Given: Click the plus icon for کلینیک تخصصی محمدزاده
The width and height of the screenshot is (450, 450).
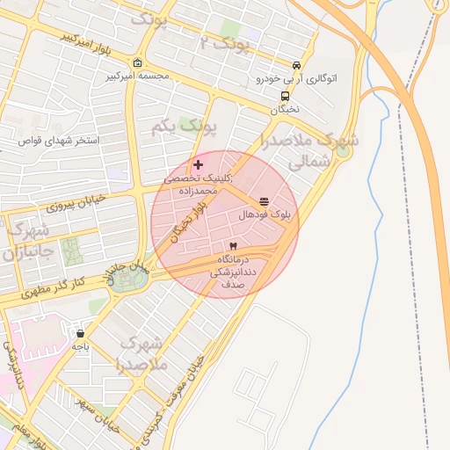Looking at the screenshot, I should click(x=199, y=164).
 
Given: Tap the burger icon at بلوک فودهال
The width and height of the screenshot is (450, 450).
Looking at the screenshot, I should click(x=265, y=201).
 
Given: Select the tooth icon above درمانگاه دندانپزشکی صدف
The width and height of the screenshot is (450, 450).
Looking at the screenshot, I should click(x=233, y=246).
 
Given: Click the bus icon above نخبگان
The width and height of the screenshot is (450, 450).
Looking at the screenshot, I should click(x=285, y=97).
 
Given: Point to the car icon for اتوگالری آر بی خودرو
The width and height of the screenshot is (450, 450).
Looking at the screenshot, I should click(x=297, y=66).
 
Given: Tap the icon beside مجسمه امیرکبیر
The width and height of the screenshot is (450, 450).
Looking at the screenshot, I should click(x=137, y=62).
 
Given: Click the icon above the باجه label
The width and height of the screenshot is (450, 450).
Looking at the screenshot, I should click(x=81, y=334).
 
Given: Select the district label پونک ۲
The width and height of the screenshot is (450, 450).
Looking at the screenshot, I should click(x=224, y=42).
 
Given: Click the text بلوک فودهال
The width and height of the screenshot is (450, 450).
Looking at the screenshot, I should click(x=265, y=214).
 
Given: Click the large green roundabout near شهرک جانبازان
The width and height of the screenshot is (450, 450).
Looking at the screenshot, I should click(x=131, y=279).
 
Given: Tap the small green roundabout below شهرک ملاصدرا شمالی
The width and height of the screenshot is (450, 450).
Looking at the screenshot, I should click(x=343, y=150).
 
